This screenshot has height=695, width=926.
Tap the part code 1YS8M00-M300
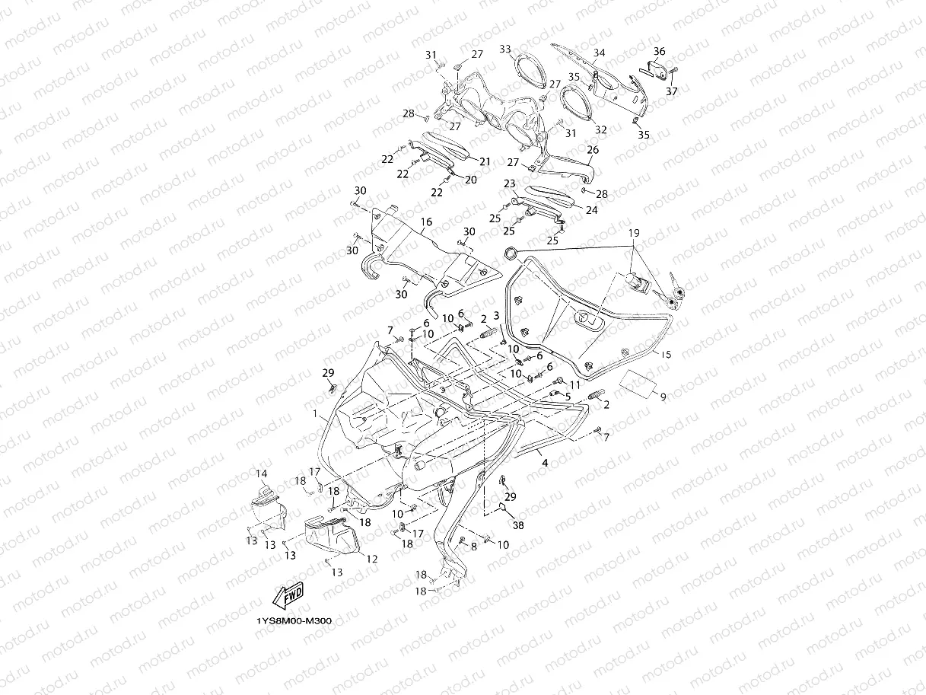[294, 620]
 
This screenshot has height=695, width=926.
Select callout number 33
[505, 49]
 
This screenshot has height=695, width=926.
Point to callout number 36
[659, 51]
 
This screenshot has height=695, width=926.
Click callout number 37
[671, 91]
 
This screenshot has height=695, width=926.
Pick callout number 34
[600, 53]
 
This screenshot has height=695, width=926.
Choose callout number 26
[593, 150]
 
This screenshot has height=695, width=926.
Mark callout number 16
[426, 222]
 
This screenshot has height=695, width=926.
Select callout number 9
[662, 397]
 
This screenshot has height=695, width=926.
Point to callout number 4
[544, 462]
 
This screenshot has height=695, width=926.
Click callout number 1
[315, 412]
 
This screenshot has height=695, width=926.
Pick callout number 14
[261, 474]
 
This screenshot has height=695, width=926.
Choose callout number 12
[372, 559]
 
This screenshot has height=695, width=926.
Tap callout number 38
[518, 525]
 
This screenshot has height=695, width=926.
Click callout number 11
[575, 385]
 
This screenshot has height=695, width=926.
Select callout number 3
[496, 314]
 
